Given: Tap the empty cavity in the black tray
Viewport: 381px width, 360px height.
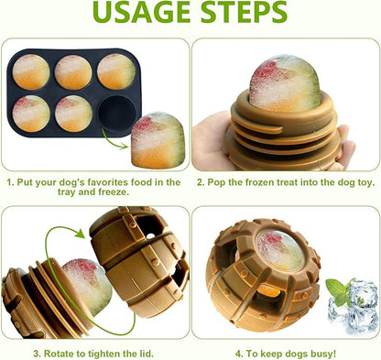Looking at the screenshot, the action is [x=117, y=113].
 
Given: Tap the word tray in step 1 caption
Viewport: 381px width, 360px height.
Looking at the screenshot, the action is [x=66, y=192].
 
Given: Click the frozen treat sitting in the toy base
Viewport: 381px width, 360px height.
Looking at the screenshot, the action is [x=285, y=83].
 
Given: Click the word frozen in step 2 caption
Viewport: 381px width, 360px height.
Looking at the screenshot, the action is [x=260, y=182].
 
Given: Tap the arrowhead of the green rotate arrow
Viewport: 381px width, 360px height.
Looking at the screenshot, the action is [x=79, y=233].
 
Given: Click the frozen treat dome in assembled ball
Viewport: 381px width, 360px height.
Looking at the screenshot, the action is [x=280, y=250].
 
